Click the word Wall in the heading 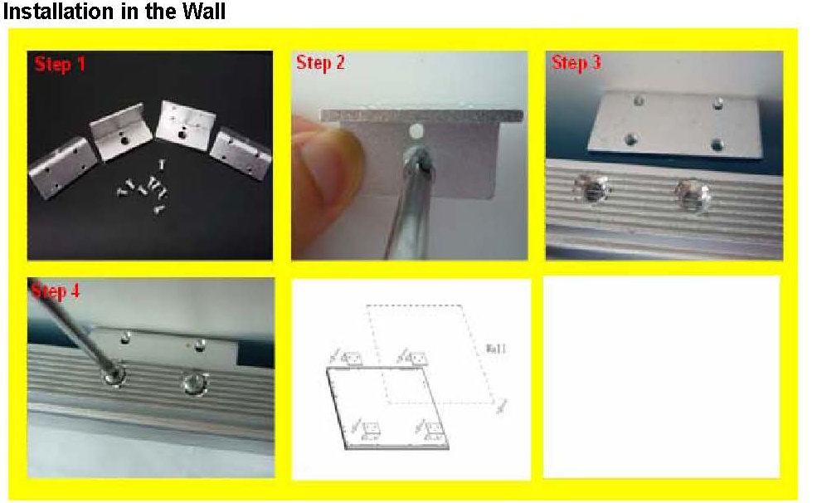pos(198,12)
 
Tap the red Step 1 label pos(60,64)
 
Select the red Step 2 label pos(320,64)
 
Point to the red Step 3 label pos(576,64)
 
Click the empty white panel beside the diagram pos(661,377)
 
